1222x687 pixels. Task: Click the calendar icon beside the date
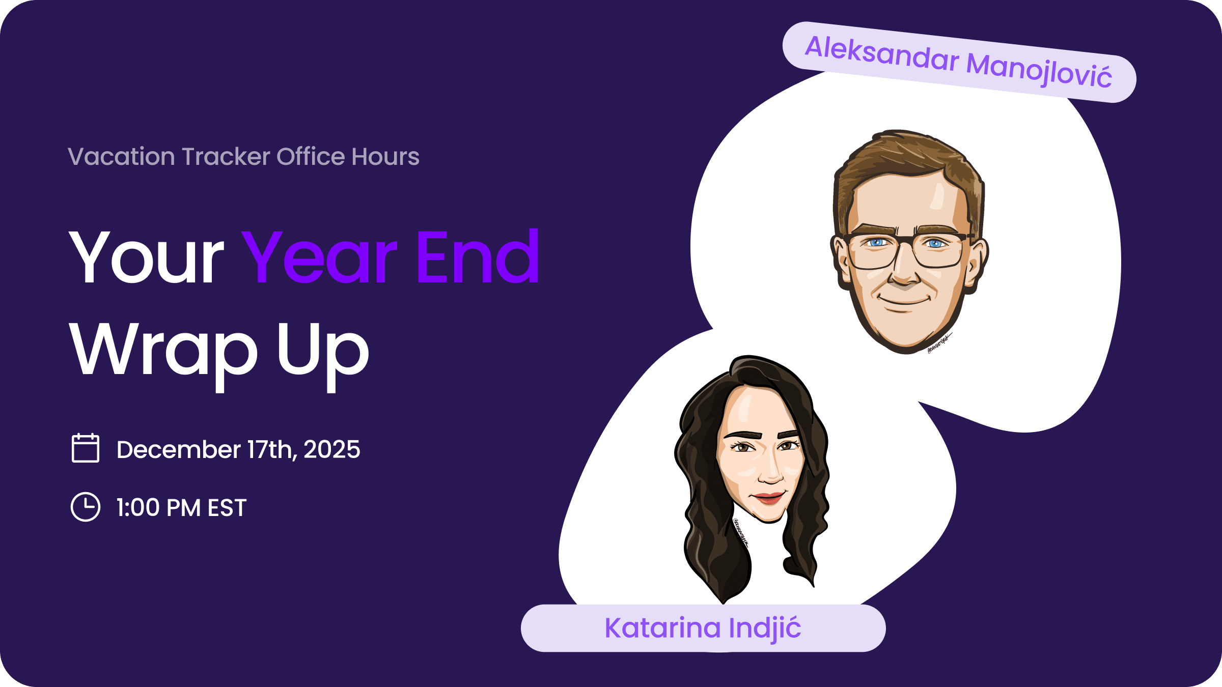pos(86,448)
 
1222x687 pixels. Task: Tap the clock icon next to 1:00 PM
pos(86,507)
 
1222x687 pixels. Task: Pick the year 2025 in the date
pos(331,449)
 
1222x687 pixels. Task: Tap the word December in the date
pos(178,449)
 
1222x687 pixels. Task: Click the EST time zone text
pos(227,508)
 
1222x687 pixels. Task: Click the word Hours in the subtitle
pos(385,156)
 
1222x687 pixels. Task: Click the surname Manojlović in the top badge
pos(1039,70)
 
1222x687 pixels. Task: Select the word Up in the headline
pos(323,351)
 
